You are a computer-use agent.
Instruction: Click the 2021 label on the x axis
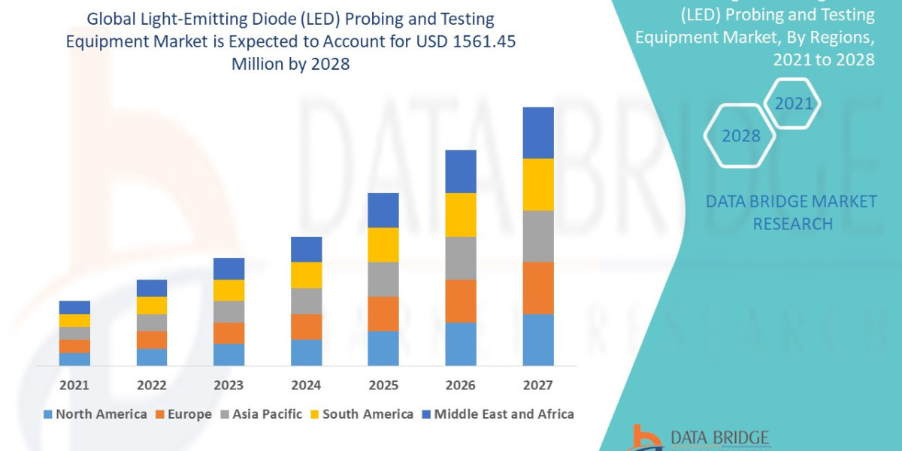pyautogui.click(x=74, y=385)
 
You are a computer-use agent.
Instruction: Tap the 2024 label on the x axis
pyautogui.click(x=306, y=385)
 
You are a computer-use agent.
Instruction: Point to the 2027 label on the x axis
pyautogui.click(x=537, y=385)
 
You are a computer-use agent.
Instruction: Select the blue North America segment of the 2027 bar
pyautogui.click(x=537, y=340)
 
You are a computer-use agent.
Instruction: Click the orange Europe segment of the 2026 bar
pyautogui.click(x=460, y=301)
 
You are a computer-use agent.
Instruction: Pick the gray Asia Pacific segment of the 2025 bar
pyautogui.click(x=383, y=279)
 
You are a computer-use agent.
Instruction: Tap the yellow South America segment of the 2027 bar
pyautogui.click(x=537, y=184)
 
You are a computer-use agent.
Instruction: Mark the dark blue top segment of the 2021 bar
pyautogui.click(x=74, y=307)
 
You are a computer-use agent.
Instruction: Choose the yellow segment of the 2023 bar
pyautogui.click(x=229, y=290)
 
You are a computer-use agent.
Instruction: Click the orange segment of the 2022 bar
pyautogui.click(x=152, y=340)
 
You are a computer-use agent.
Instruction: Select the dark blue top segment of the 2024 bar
pyautogui.click(x=306, y=250)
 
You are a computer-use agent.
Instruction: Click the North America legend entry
pyautogui.click(x=95, y=414)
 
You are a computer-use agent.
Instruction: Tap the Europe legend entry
pyautogui.click(x=183, y=414)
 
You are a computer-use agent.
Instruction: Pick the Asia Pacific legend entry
pyautogui.click(x=260, y=414)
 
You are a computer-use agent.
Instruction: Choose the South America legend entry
pyautogui.click(x=361, y=414)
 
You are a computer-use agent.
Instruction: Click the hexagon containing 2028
pyautogui.click(x=740, y=136)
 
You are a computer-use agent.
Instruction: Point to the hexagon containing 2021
pyautogui.click(x=793, y=104)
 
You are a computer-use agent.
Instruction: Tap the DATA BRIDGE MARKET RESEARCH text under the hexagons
pyautogui.click(x=792, y=213)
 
